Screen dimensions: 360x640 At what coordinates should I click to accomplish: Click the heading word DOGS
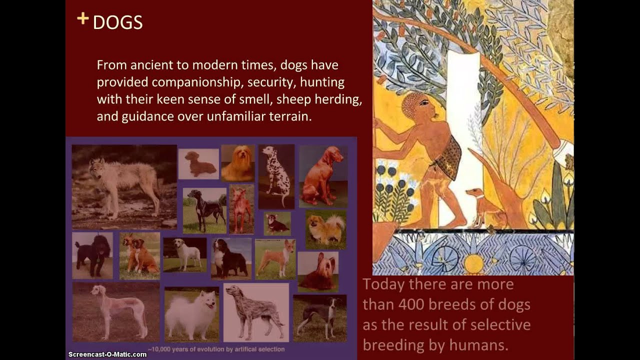click(117, 22)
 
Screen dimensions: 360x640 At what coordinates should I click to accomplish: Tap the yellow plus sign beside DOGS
click(83, 19)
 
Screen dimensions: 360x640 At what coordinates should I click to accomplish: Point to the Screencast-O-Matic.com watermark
click(107, 354)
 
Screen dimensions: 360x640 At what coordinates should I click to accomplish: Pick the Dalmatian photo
click(276, 176)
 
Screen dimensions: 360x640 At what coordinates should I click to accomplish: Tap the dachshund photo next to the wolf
click(198, 163)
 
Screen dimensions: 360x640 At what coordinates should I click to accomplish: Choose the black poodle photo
click(92, 255)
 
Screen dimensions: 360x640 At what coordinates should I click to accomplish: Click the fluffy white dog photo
click(191, 314)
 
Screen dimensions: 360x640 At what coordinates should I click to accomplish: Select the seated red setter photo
click(323, 176)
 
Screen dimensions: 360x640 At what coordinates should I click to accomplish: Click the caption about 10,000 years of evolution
click(216, 349)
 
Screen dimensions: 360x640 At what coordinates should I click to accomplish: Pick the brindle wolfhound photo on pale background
click(255, 312)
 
